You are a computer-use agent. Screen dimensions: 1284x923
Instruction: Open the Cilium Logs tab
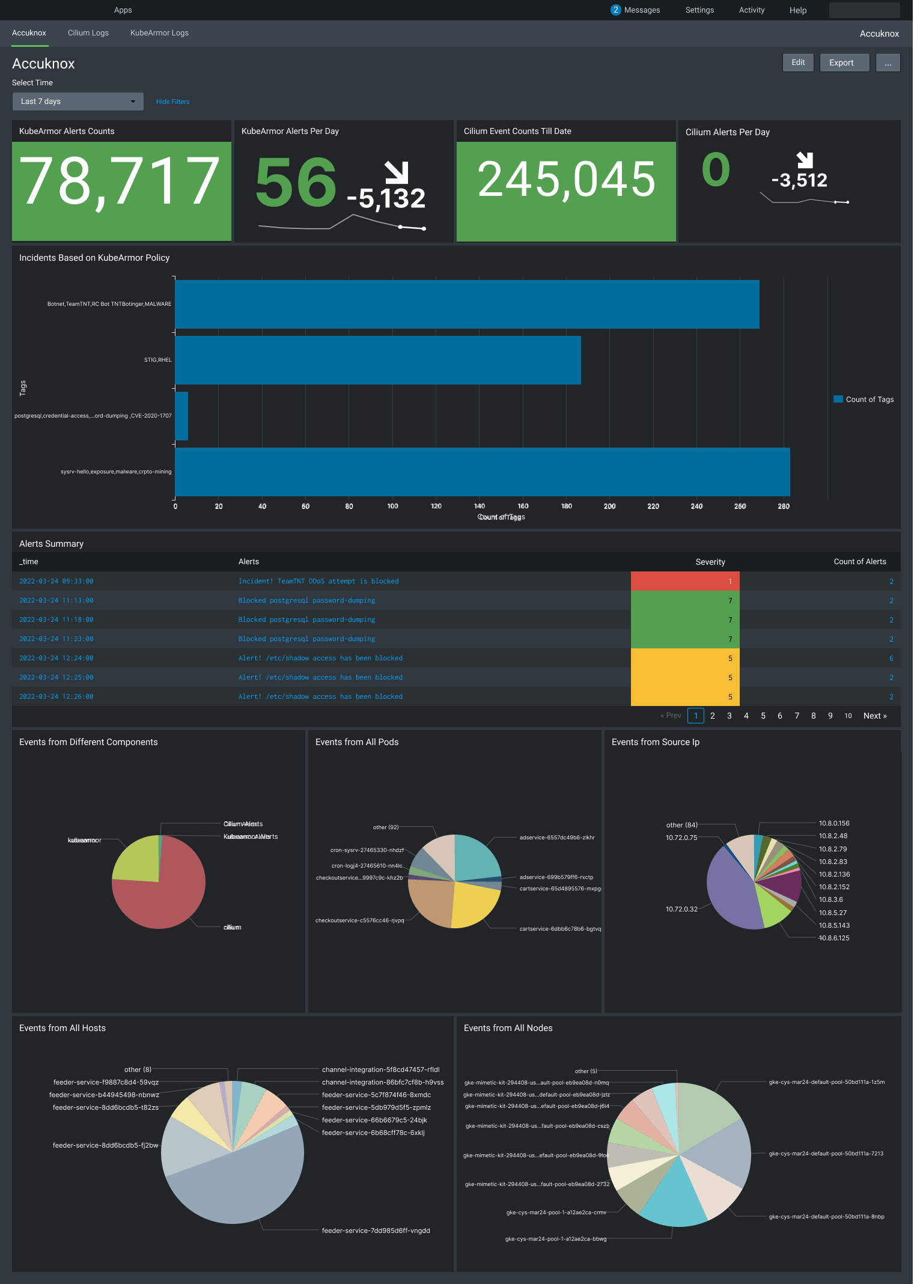pos(88,33)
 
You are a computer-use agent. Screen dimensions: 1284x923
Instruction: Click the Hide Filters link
pos(172,102)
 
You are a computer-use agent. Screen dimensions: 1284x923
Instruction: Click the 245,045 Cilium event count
pos(565,180)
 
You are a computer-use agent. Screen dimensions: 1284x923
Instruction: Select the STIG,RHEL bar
pos(377,360)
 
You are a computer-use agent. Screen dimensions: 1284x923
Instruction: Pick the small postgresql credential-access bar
pos(181,416)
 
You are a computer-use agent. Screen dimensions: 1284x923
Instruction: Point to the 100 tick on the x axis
pos(392,507)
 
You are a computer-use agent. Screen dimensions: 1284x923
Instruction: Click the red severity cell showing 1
pos(684,581)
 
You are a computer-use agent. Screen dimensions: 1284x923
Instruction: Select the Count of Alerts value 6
pos(891,659)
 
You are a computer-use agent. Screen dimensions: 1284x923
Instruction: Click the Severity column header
pos(710,562)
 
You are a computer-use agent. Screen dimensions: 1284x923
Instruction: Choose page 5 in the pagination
pos(763,716)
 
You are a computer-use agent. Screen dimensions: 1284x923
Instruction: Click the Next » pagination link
pos(874,716)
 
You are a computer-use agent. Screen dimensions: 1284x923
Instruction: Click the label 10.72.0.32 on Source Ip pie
pos(681,909)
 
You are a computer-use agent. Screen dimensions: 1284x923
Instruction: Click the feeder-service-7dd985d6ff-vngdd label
pos(376,1231)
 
